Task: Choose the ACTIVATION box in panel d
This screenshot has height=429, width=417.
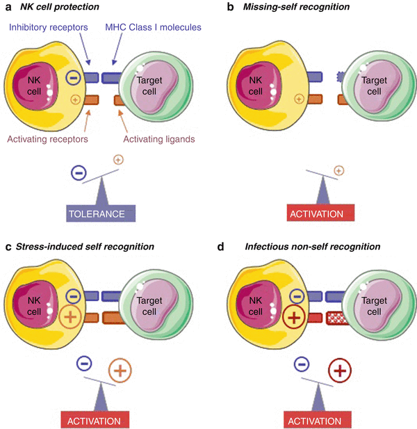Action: pyautogui.click(x=319, y=421)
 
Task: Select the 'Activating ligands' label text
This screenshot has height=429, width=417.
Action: pyautogui.click(x=158, y=140)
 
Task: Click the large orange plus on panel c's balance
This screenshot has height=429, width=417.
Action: pyautogui.click(x=120, y=370)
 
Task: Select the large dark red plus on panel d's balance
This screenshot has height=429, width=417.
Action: pyautogui.click(x=340, y=370)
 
